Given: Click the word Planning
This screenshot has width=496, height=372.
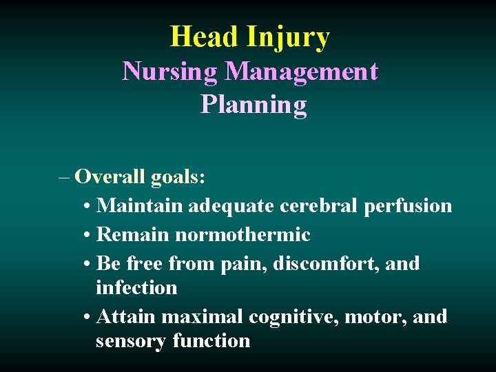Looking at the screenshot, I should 253,105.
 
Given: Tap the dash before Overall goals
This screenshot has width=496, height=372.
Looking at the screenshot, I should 65,178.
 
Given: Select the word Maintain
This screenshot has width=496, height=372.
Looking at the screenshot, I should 141,206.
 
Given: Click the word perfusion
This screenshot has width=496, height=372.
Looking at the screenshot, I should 412,207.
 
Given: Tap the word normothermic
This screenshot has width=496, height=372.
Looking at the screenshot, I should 242,236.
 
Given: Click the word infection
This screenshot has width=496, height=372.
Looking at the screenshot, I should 136,287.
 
